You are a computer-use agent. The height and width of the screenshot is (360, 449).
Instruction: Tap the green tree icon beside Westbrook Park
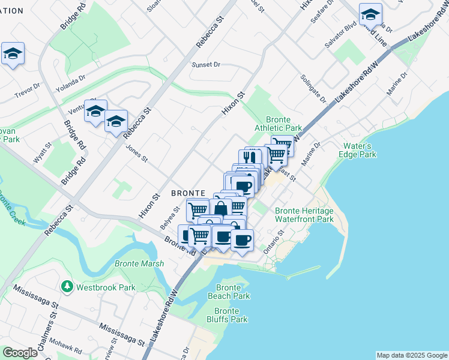[68, 287]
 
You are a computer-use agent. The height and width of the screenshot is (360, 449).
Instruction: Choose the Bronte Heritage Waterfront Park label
[304, 215]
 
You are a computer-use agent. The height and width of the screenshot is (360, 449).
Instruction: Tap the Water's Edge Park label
[360, 150]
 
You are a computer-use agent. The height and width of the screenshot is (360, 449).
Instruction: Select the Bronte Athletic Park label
[278, 124]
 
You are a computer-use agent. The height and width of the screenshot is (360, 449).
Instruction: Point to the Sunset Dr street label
[206, 65]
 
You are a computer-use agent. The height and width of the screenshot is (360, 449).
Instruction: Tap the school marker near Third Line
[370, 14]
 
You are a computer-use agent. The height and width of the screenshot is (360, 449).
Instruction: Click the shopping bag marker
[221, 208]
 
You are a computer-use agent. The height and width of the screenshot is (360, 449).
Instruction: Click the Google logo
[20, 353]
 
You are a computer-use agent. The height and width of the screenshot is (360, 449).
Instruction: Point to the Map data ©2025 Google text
[411, 355]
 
